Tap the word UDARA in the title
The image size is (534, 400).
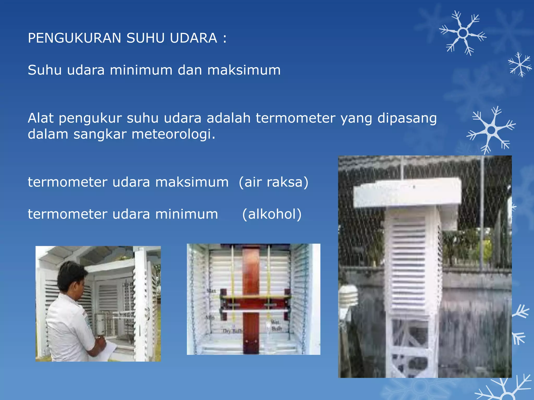point(193,38)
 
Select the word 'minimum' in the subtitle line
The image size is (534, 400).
point(141,70)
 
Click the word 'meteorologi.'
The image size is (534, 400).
point(173,134)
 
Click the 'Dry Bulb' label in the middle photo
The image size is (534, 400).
point(232,331)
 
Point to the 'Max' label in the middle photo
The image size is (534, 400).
point(211,291)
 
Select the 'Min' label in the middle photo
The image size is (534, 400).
point(210,317)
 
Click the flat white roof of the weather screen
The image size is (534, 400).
point(407,193)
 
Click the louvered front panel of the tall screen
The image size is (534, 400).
point(409,263)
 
